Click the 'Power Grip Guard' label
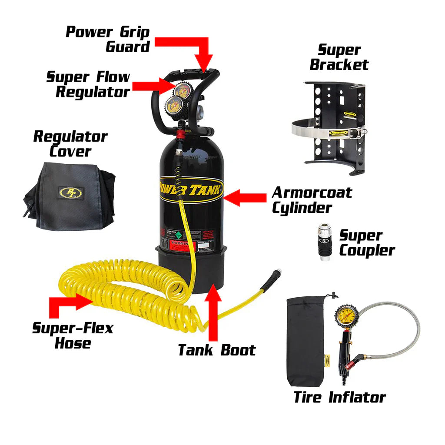pyautogui.click(x=107, y=39)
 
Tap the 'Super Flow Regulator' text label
pyautogui.click(x=88, y=84)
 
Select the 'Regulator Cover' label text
pyautogui.click(x=70, y=143)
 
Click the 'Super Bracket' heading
pyautogui.click(x=339, y=57)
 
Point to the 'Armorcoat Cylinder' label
pyautogui.click(x=312, y=200)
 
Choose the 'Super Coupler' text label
pyautogui.click(x=366, y=243)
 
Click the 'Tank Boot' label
pyautogui.click(x=217, y=350)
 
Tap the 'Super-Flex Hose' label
pyautogui.click(x=72, y=335)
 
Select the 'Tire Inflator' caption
pyautogui.click(x=339, y=397)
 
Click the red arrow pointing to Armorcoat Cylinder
pyautogui.click(x=245, y=198)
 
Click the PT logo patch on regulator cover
pyautogui.click(x=70, y=192)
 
